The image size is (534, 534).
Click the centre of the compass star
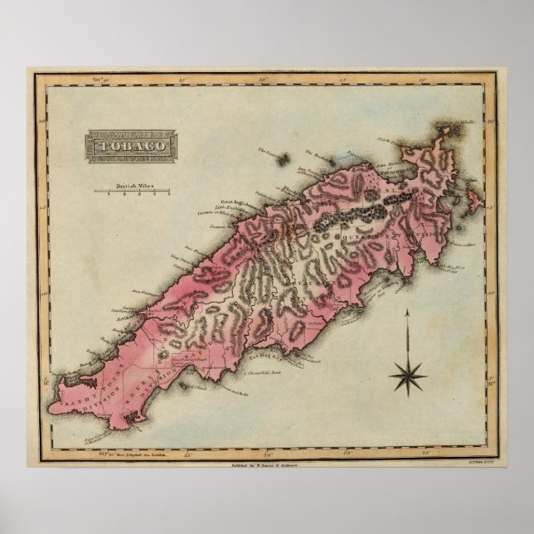click(406, 376)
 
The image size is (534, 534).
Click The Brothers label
click(318, 155)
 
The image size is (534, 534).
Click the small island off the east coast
click(471, 199)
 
